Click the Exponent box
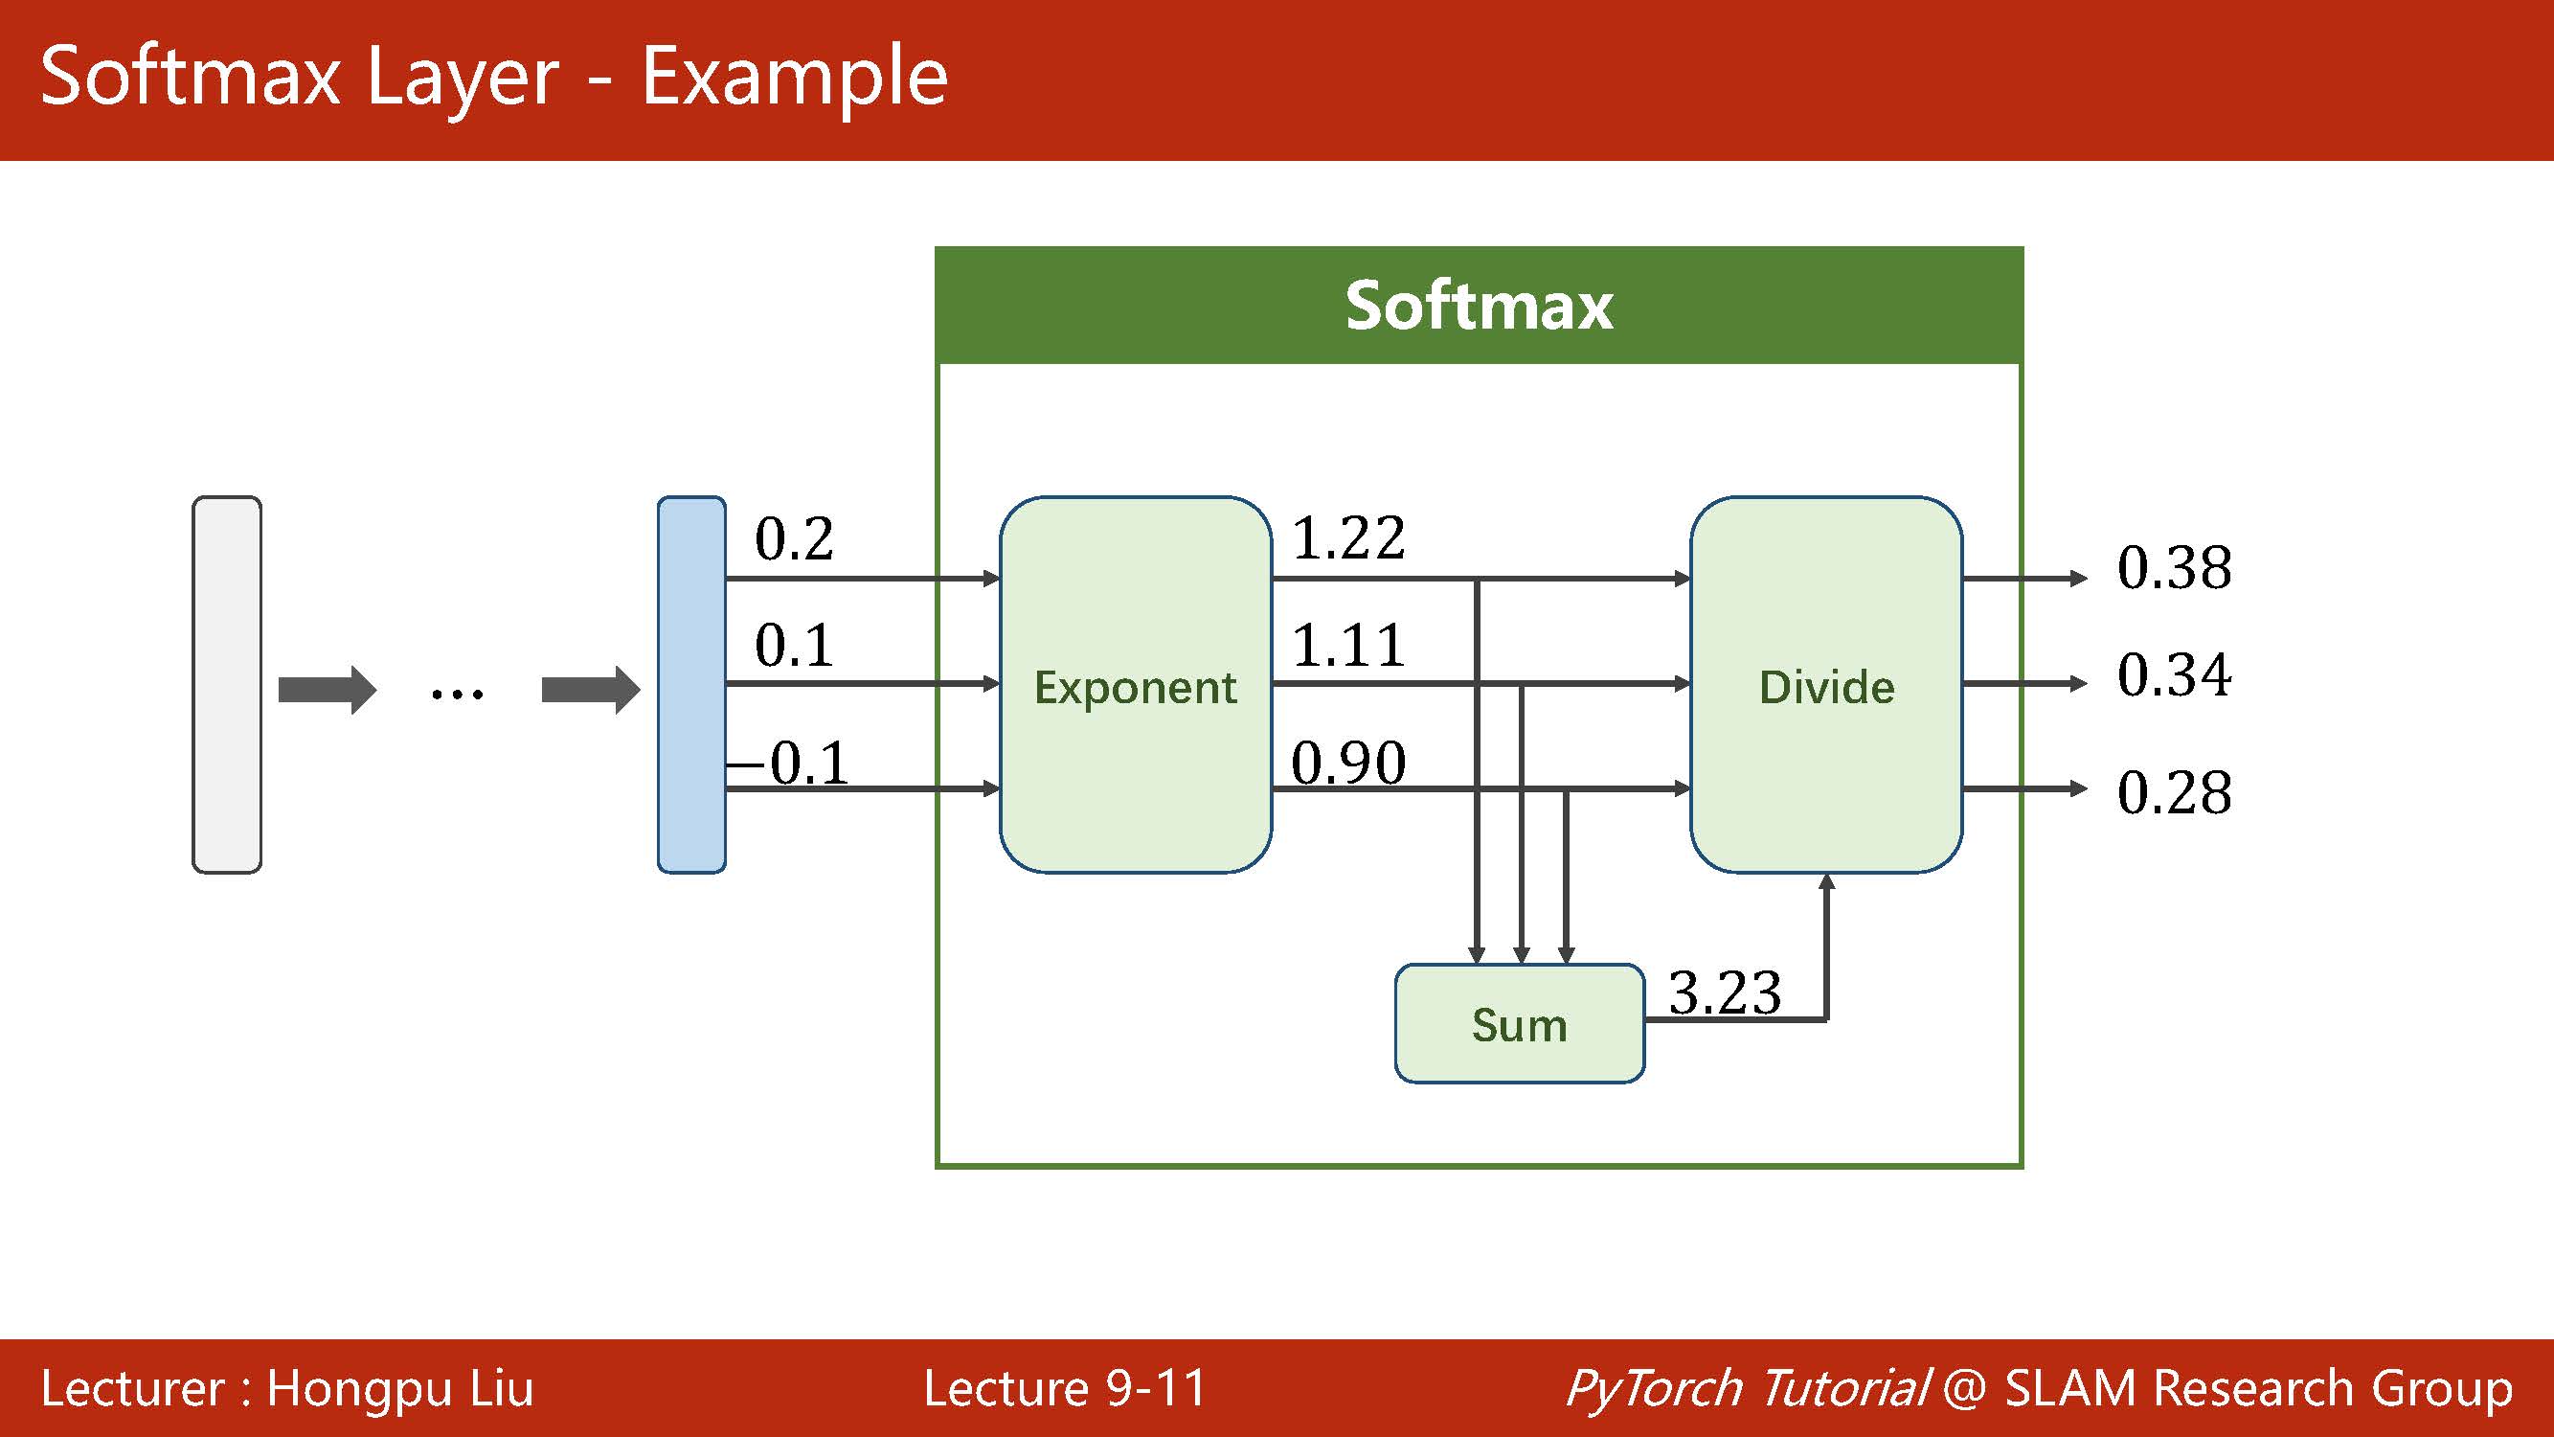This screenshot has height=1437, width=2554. point(1135,684)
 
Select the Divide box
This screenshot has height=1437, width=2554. point(1826,684)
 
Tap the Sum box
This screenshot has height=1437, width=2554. point(1519,1023)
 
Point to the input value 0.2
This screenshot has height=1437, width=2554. point(793,538)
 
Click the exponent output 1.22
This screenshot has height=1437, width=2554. point(1348,537)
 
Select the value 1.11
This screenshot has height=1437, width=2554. point(1348,645)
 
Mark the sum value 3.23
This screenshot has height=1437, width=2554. point(1724,992)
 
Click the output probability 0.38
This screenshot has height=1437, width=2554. point(2174,567)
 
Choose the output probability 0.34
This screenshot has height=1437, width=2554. point(2174,674)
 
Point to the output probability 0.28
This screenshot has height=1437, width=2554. point(2174,791)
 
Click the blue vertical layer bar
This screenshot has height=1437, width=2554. point(691,684)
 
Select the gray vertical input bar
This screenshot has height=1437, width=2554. point(226,684)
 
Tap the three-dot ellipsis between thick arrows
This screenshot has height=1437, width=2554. point(457,693)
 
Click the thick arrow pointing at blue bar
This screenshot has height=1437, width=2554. point(590,689)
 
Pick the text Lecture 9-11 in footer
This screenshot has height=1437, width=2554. point(1065,1387)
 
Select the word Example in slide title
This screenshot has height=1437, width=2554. point(794,78)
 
